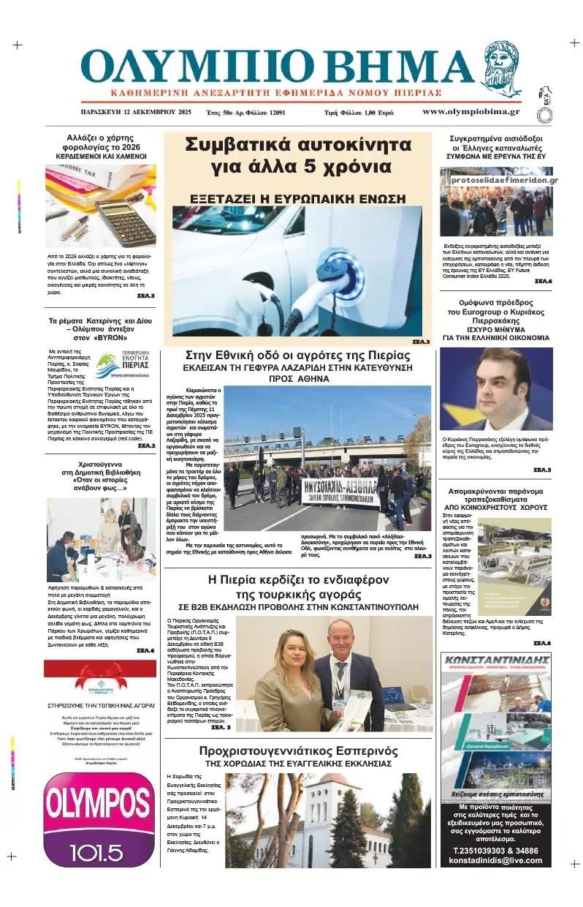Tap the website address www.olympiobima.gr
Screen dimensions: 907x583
[470, 112]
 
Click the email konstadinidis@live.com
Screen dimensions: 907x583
[497, 861]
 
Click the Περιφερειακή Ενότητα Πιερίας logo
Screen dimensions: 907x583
[118, 364]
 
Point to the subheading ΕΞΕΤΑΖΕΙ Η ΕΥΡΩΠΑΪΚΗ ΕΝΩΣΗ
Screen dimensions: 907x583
[297, 198]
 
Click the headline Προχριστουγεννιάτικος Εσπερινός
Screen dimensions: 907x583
[297, 751]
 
